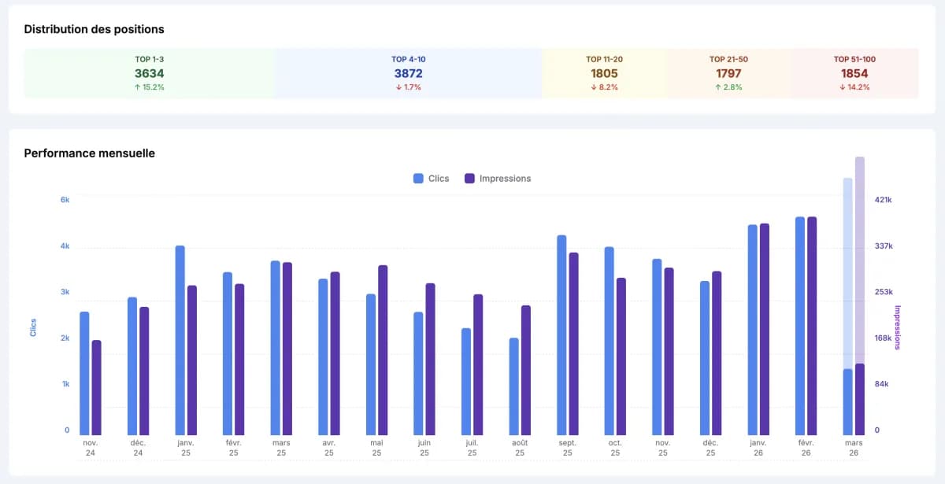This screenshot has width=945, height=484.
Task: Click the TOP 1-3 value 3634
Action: pos(149,73)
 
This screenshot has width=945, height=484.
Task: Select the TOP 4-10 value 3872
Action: pos(408,73)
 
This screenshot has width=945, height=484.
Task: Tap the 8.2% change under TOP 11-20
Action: pos(604,87)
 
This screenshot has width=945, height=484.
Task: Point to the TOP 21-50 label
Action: pos(728,59)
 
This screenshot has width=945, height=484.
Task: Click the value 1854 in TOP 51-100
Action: pos(854,73)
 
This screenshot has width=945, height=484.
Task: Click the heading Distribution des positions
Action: pos(94,29)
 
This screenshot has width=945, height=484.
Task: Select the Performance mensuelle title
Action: pos(89,153)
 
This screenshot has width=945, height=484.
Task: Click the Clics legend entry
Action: pos(431,179)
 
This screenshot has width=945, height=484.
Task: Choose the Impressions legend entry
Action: pos(498,179)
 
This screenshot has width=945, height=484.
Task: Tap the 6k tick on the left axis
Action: pos(65,200)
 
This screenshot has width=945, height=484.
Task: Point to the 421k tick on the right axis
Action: pos(884,200)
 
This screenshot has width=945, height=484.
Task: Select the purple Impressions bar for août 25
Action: pos(526,370)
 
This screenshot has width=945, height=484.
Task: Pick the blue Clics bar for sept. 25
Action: pos(561,334)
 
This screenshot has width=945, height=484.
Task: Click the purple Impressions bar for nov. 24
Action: pos(97,387)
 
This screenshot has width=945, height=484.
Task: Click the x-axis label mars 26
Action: pos(854,449)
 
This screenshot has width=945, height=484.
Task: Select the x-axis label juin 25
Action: pos(424,449)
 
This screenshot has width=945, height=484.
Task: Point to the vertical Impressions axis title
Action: pos(897,327)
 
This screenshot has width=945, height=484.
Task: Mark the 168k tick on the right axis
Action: pos(884,338)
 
